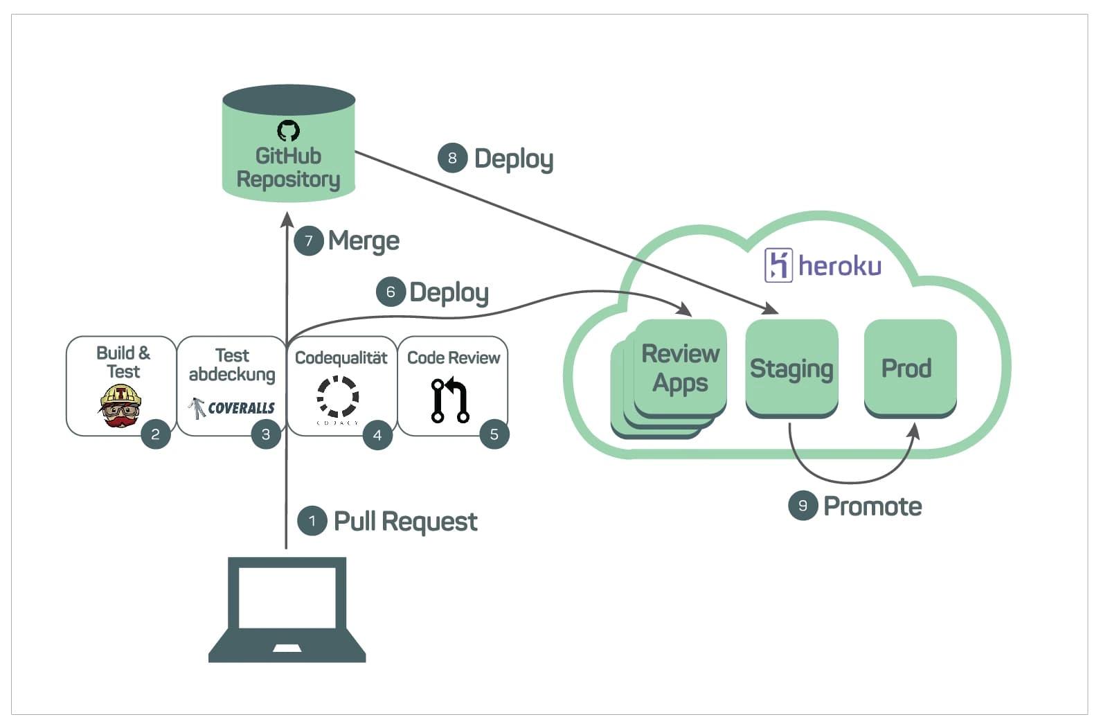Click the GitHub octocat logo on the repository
point(288,130)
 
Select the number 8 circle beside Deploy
point(452,158)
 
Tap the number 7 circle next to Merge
point(309,241)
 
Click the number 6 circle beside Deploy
point(391,292)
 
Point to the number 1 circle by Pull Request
point(312,521)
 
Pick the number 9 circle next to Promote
point(803,506)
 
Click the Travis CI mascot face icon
point(120,406)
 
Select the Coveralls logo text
point(241,408)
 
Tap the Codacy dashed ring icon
point(338,397)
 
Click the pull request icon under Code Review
point(450,400)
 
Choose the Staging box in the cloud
point(791,368)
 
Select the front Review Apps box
point(680,367)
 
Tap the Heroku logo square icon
point(778,265)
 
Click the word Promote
point(872,506)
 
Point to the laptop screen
point(287,596)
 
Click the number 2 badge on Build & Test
point(156,434)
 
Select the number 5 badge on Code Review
point(494,434)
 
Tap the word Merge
point(364,241)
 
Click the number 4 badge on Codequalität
point(377,435)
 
